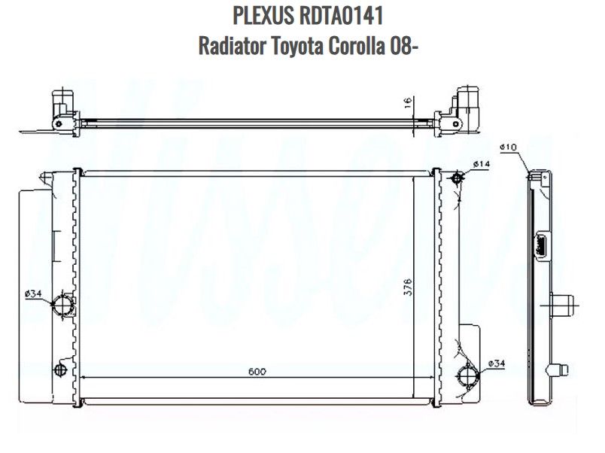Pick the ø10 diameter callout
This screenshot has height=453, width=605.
pyautogui.click(x=507, y=147)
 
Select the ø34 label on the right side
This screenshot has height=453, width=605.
pyautogui.click(x=496, y=364)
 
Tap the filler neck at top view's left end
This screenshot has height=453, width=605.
pyautogui.click(x=62, y=102)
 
